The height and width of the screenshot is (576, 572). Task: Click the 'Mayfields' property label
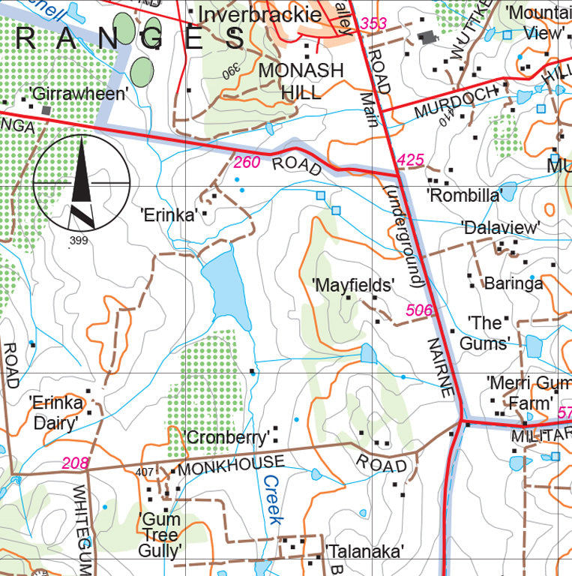click(x=354, y=285)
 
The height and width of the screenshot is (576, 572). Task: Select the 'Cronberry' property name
click(x=226, y=437)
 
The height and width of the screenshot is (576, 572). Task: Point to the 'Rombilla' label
click(x=464, y=196)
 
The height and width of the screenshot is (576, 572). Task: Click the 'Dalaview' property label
click(x=501, y=227)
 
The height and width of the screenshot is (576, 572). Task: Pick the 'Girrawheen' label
click(x=79, y=94)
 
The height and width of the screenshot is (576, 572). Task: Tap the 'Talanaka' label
click(x=365, y=551)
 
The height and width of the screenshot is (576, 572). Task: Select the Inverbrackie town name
click(x=260, y=15)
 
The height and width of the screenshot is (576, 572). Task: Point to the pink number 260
click(x=247, y=162)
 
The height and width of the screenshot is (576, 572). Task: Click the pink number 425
click(x=410, y=160)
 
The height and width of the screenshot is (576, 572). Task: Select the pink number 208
click(x=76, y=463)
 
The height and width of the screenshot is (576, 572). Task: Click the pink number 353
click(x=373, y=24)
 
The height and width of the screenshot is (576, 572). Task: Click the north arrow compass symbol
click(x=82, y=182)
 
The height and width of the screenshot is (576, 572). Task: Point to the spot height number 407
click(x=145, y=472)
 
